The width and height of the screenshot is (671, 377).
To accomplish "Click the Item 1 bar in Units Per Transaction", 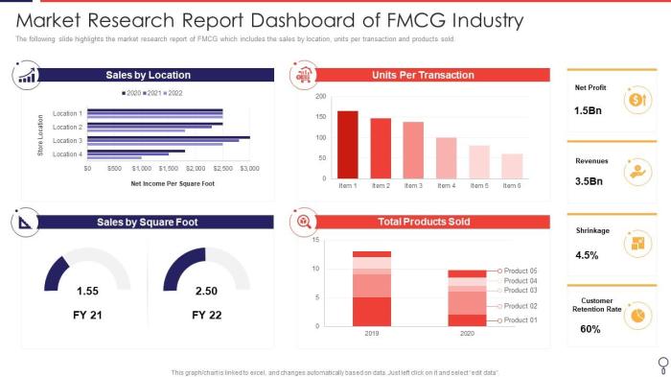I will (x=348, y=144).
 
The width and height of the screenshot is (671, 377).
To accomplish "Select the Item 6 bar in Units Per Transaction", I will (x=513, y=166).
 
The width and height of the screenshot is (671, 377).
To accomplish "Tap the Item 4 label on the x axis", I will (x=447, y=185).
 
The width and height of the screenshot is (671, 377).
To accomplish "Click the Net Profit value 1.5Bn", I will (x=589, y=111).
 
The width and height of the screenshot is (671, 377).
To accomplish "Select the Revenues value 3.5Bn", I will (x=590, y=180).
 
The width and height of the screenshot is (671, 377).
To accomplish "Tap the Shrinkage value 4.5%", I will (x=588, y=255).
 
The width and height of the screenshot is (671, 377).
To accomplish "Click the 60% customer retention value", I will (x=590, y=329).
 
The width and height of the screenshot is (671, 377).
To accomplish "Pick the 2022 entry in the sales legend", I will (x=174, y=93).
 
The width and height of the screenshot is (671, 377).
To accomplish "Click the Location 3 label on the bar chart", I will (x=67, y=140).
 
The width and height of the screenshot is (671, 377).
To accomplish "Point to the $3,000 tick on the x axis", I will (x=249, y=168).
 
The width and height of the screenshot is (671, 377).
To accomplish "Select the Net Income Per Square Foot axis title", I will (x=173, y=182).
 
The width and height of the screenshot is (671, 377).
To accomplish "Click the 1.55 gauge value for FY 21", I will (x=87, y=291).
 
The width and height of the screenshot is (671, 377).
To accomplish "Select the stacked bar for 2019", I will (x=372, y=289).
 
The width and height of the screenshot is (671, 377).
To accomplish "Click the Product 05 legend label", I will (x=521, y=271).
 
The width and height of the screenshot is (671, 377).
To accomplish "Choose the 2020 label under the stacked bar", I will (x=467, y=335).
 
